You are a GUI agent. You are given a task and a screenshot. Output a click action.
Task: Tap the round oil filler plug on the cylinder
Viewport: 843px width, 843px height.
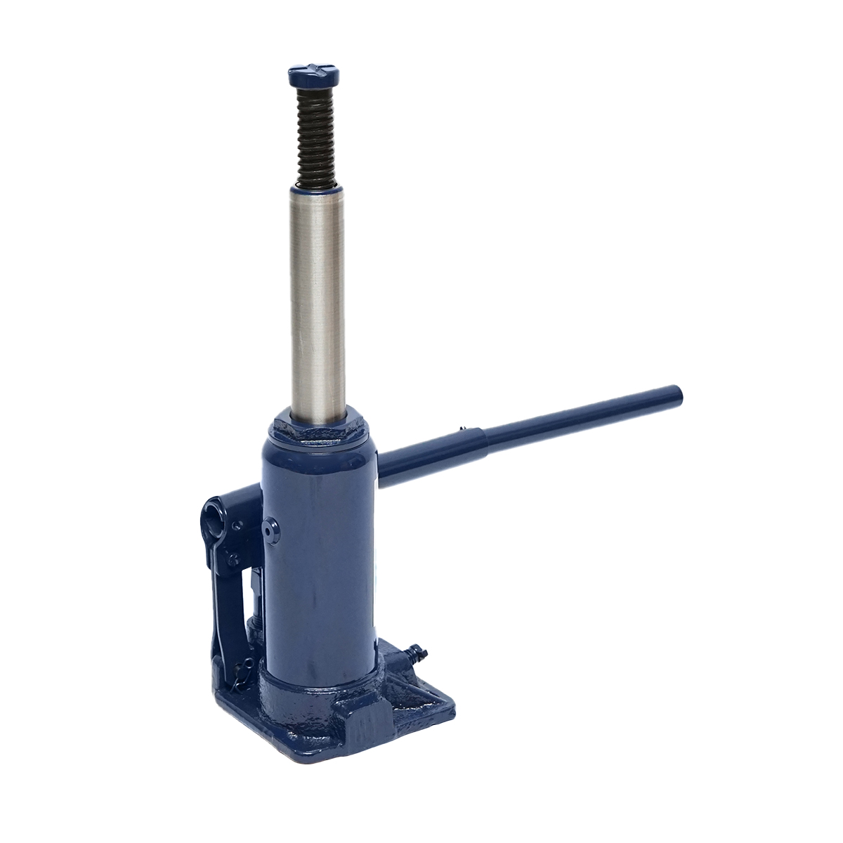coord(270,528)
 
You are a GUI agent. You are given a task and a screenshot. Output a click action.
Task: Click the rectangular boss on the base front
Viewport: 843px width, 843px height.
coord(366,702)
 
